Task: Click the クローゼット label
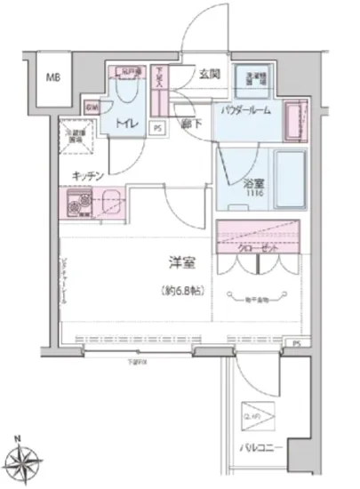[258, 249]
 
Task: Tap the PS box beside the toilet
[158, 126]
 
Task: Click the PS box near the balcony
[296, 341]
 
